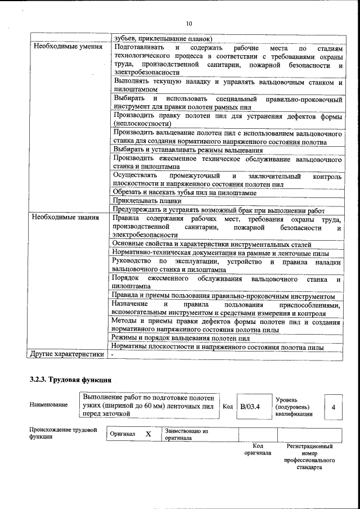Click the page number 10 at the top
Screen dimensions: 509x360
[188, 23]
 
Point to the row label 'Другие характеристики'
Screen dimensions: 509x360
[67, 355]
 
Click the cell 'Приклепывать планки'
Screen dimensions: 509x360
[147, 200]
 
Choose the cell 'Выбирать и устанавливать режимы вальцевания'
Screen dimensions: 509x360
[188, 150]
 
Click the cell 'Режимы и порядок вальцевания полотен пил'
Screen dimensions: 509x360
[181, 339]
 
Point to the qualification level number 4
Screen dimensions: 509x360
[334, 406]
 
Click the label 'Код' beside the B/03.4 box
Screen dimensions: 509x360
[228, 406]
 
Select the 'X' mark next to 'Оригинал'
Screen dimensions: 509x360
[148, 434]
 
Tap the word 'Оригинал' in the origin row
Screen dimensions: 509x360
[123, 434]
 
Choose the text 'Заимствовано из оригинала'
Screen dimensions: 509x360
[186, 434]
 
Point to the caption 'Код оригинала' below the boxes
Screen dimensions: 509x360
[257, 449]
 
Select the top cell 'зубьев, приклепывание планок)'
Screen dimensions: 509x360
[163, 38]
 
